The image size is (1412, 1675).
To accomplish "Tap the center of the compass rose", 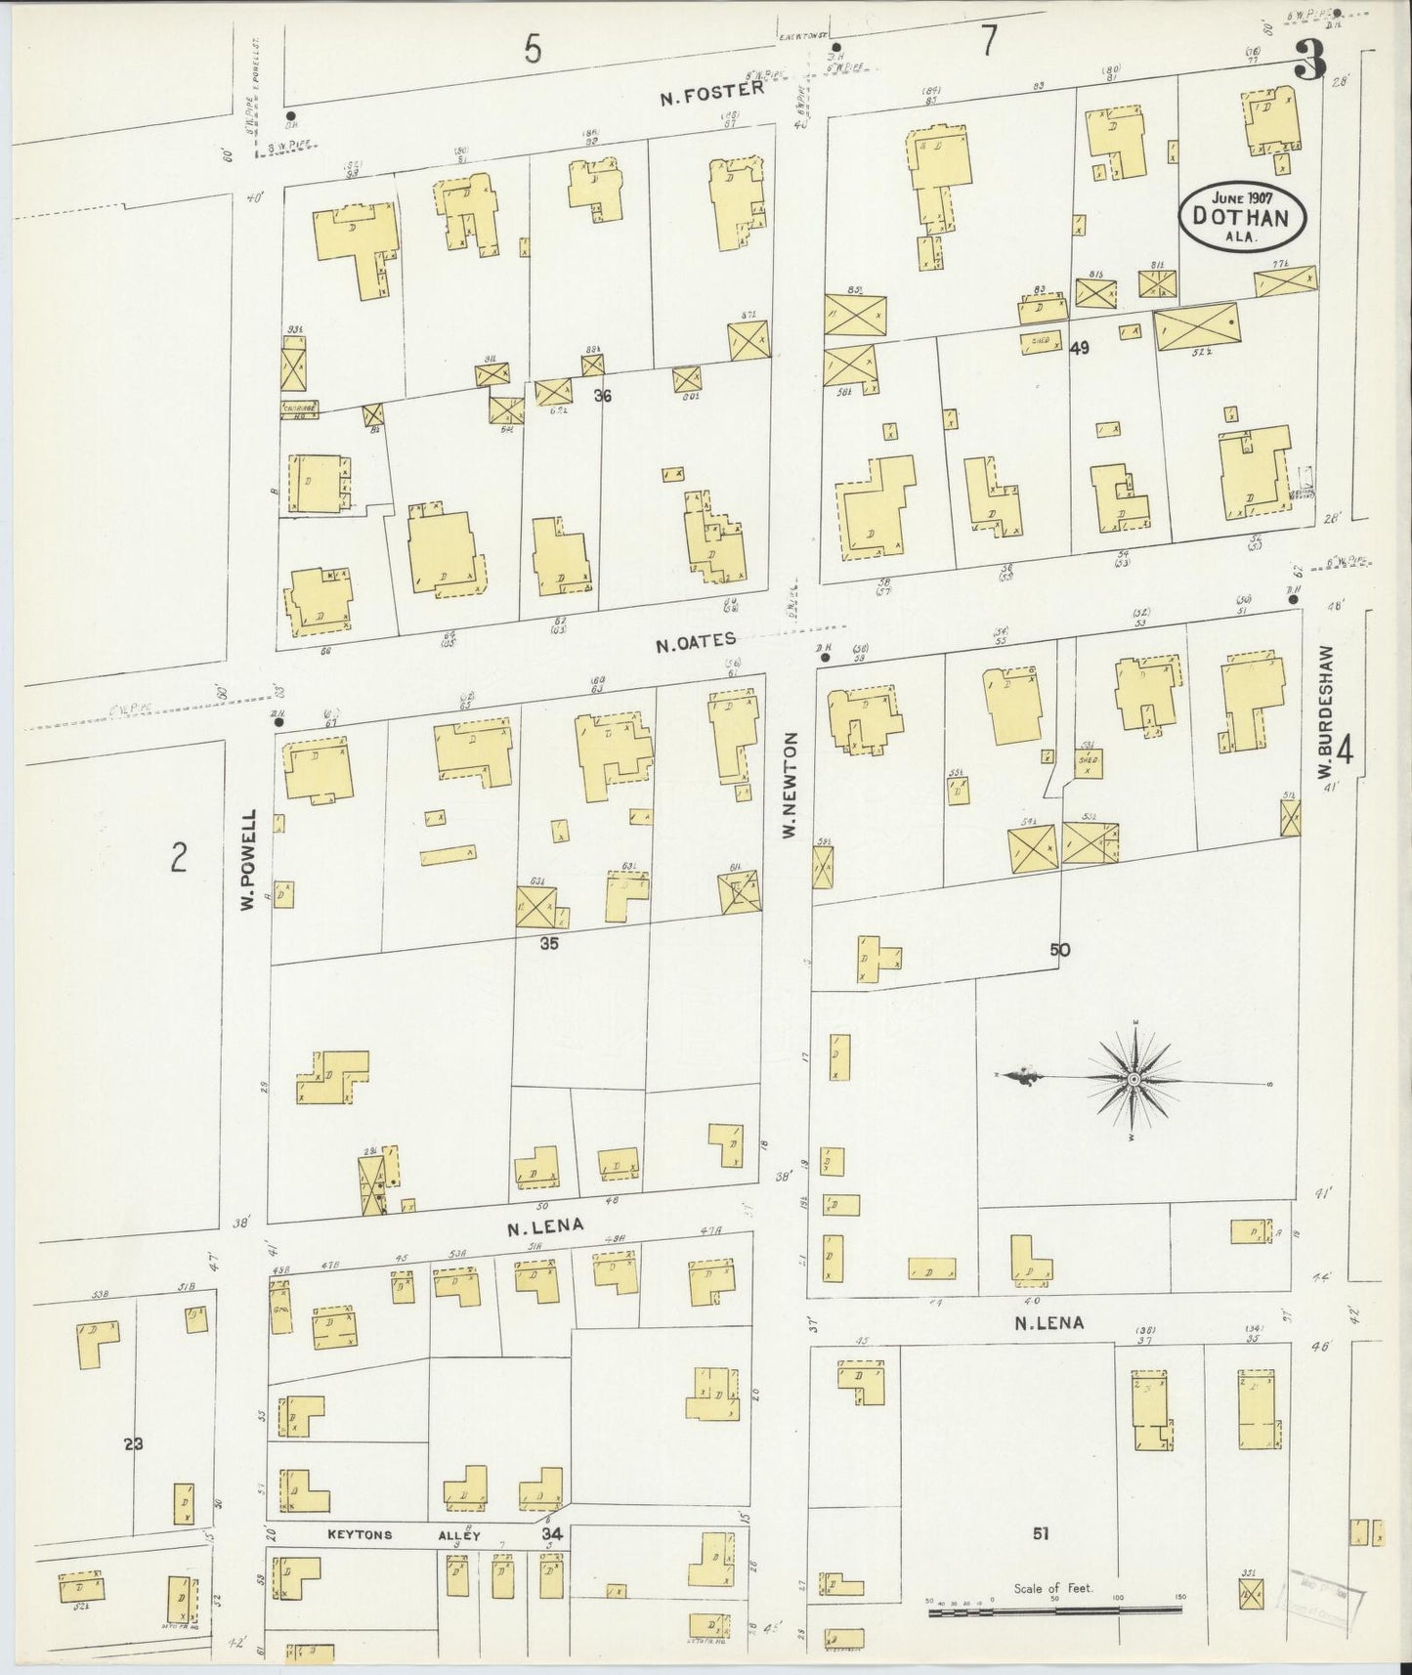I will [1134, 1078].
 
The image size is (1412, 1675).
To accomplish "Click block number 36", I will [602, 397].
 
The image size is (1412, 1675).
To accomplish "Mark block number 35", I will [548, 944].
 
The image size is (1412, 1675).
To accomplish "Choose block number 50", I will [1060, 949].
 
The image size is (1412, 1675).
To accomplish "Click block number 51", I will [1040, 1535].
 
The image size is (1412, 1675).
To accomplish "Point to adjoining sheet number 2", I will [178, 857].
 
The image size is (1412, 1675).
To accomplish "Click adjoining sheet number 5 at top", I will [532, 49].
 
